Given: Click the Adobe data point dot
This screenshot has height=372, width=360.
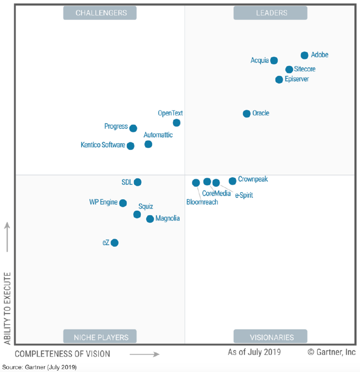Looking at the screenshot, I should click(x=304, y=55).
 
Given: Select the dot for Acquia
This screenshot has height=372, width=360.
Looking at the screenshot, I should click(x=273, y=60).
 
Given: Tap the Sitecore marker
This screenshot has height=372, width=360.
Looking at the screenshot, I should click(x=289, y=69).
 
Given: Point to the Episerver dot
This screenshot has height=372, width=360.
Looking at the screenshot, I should click(x=279, y=79).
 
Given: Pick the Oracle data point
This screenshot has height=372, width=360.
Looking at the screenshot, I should click(x=246, y=114).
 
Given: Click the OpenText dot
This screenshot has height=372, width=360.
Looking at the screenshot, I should click(x=176, y=123).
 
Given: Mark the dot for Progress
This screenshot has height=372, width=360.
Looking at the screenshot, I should click(x=133, y=128).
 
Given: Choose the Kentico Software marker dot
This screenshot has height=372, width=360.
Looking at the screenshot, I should click(x=130, y=146).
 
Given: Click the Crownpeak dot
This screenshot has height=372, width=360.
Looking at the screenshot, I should click(x=232, y=181).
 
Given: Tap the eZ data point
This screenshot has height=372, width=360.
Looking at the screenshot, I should click(x=114, y=243).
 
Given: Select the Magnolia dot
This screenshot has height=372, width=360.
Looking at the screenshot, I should click(x=150, y=219).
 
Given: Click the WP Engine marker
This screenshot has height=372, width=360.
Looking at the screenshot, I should click(x=123, y=203).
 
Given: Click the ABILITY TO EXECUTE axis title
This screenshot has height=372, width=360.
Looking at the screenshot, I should click(x=7, y=309).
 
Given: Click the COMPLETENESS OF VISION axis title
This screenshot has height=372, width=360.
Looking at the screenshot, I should click(x=62, y=354).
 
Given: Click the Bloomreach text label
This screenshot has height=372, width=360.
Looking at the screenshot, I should click(x=202, y=202).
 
